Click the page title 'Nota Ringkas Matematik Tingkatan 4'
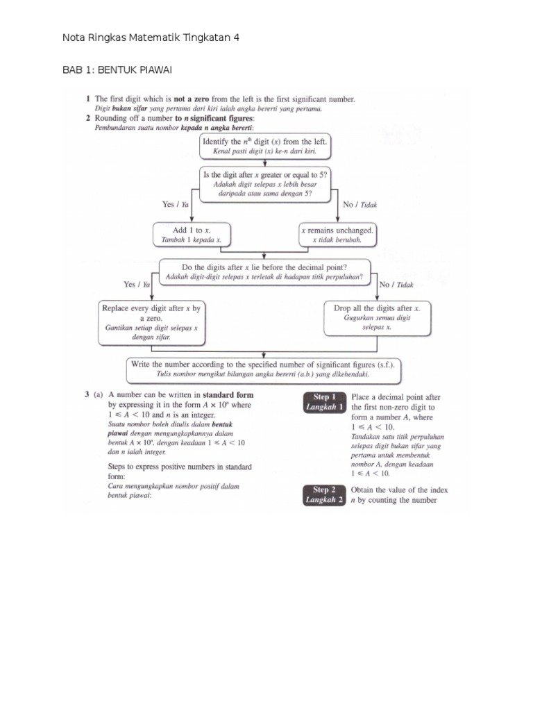[x=151, y=37]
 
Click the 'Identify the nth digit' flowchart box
[x=264, y=146]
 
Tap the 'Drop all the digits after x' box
[x=377, y=317]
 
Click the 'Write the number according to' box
[x=264, y=369]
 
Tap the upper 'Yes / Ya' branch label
[x=176, y=205]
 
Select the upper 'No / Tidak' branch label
[x=360, y=205]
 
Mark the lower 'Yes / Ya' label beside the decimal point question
[x=137, y=284]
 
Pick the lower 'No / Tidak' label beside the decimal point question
[x=396, y=284]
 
